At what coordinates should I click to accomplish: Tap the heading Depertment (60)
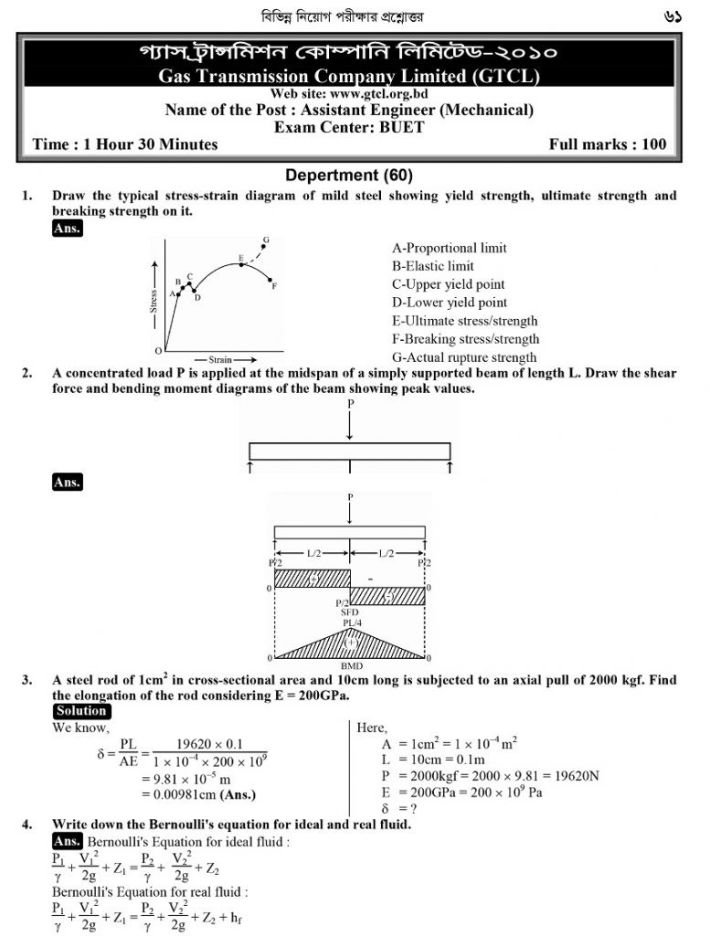point(349,175)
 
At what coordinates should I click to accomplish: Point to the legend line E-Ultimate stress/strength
point(464,321)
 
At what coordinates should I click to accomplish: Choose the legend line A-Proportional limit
point(449,248)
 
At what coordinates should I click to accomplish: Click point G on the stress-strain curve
point(266,240)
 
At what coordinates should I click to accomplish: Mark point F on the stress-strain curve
point(274,285)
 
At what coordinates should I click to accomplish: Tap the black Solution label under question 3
point(81,711)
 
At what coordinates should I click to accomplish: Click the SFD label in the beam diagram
point(350,612)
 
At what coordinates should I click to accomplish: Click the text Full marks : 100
point(608,144)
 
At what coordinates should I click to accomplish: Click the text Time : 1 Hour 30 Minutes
point(125,144)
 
